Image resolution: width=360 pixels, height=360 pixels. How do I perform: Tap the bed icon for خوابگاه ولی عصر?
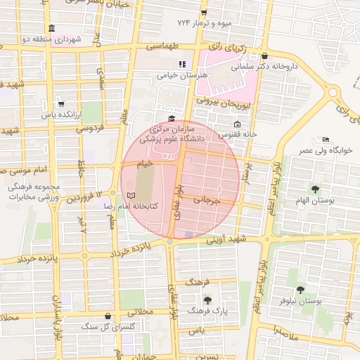pos(325,139)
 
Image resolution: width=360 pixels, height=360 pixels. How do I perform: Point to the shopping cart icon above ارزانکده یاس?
pos(61,103)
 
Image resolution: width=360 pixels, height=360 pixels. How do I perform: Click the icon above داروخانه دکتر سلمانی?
pos(264,56)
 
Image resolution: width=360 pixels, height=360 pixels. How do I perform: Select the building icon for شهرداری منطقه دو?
pos(52,27)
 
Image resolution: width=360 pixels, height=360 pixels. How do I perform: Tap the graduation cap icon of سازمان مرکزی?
pos(171,119)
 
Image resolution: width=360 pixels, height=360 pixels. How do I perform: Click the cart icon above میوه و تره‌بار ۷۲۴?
pos(204,13)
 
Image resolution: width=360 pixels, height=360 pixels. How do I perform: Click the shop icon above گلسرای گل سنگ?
pos(107,316)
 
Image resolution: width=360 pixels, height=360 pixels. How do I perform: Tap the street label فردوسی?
pos(89,128)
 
